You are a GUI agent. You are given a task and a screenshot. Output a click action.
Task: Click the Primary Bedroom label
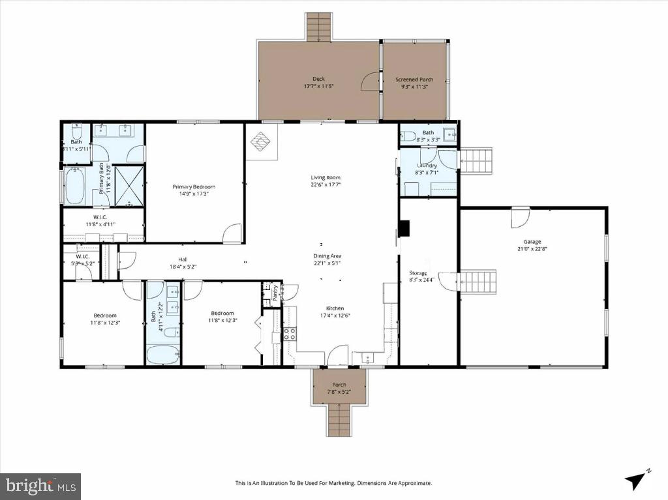click(194, 186)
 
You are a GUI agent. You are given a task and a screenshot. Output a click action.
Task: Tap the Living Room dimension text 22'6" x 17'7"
click(325, 184)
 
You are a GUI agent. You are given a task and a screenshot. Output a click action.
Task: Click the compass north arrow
click(636, 480)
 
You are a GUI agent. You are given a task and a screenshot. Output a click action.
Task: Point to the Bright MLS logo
click(40, 486)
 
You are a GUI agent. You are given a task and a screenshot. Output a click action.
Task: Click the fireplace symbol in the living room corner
click(261, 142)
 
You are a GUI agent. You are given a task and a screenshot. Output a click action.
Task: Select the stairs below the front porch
click(339, 419)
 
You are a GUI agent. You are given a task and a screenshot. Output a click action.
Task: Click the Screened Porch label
click(414, 80)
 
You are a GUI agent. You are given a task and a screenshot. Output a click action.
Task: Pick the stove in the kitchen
click(290, 334)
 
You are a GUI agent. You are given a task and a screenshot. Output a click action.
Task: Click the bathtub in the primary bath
click(74, 186)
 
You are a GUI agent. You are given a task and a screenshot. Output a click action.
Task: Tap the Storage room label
click(418, 273)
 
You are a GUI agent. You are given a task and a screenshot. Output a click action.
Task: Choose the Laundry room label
click(427, 166)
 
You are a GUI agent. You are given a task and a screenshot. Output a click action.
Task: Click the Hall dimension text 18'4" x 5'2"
click(183, 266)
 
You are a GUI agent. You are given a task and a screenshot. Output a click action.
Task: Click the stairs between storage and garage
click(478, 282)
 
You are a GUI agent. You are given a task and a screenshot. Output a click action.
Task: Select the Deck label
click(318, 79)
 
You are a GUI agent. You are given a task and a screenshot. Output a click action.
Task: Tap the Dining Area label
click(327, 256)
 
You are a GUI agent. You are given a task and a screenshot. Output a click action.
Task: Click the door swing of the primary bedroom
click(233, 234)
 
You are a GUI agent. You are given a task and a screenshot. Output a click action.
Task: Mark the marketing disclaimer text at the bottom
click(333, 483)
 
